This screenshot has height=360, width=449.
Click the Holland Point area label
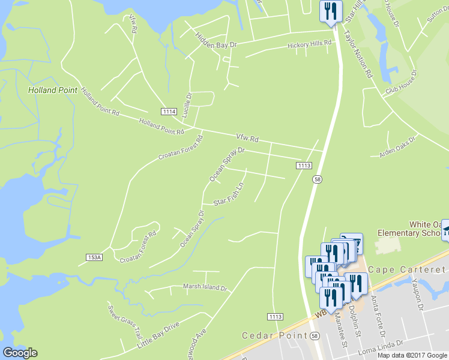[x=53, y=90]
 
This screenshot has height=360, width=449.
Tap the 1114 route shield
[x=169, y=112]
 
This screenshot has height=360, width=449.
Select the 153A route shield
[x=94, y=257]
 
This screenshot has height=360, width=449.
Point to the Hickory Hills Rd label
[x=309, y=44]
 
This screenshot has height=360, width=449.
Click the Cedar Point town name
[x=265, y=335]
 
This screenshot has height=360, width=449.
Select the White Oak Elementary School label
[x=412, y=227]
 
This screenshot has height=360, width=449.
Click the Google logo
[x=20, y=353]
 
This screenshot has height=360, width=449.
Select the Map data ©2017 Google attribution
[x=412, y=355]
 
